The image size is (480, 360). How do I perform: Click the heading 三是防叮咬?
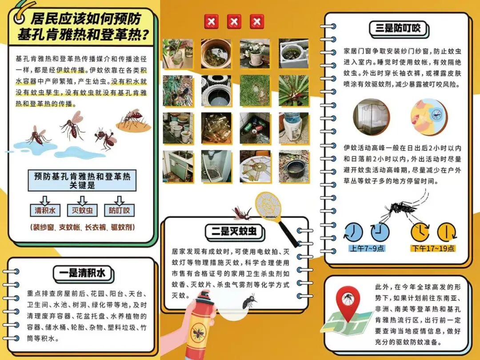pos(398,28)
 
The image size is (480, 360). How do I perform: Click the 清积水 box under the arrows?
pos(45,210)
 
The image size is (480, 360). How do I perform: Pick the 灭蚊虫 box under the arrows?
pos(82,210)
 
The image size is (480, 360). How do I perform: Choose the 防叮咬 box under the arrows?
pos(120,210)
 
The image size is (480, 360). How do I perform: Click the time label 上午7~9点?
pos(367,248)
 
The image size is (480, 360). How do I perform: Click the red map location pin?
pos(348,303)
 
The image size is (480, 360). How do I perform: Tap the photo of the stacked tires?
pos(216,91)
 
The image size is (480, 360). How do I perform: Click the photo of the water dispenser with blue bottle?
pos(294,128)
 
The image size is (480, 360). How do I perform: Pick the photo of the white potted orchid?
pos(255,54)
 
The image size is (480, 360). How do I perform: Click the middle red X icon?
pos(234,22)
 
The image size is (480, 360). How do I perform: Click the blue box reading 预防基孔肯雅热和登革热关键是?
pos(82,180)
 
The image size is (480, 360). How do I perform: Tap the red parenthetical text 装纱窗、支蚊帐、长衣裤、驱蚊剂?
pos(82,227)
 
